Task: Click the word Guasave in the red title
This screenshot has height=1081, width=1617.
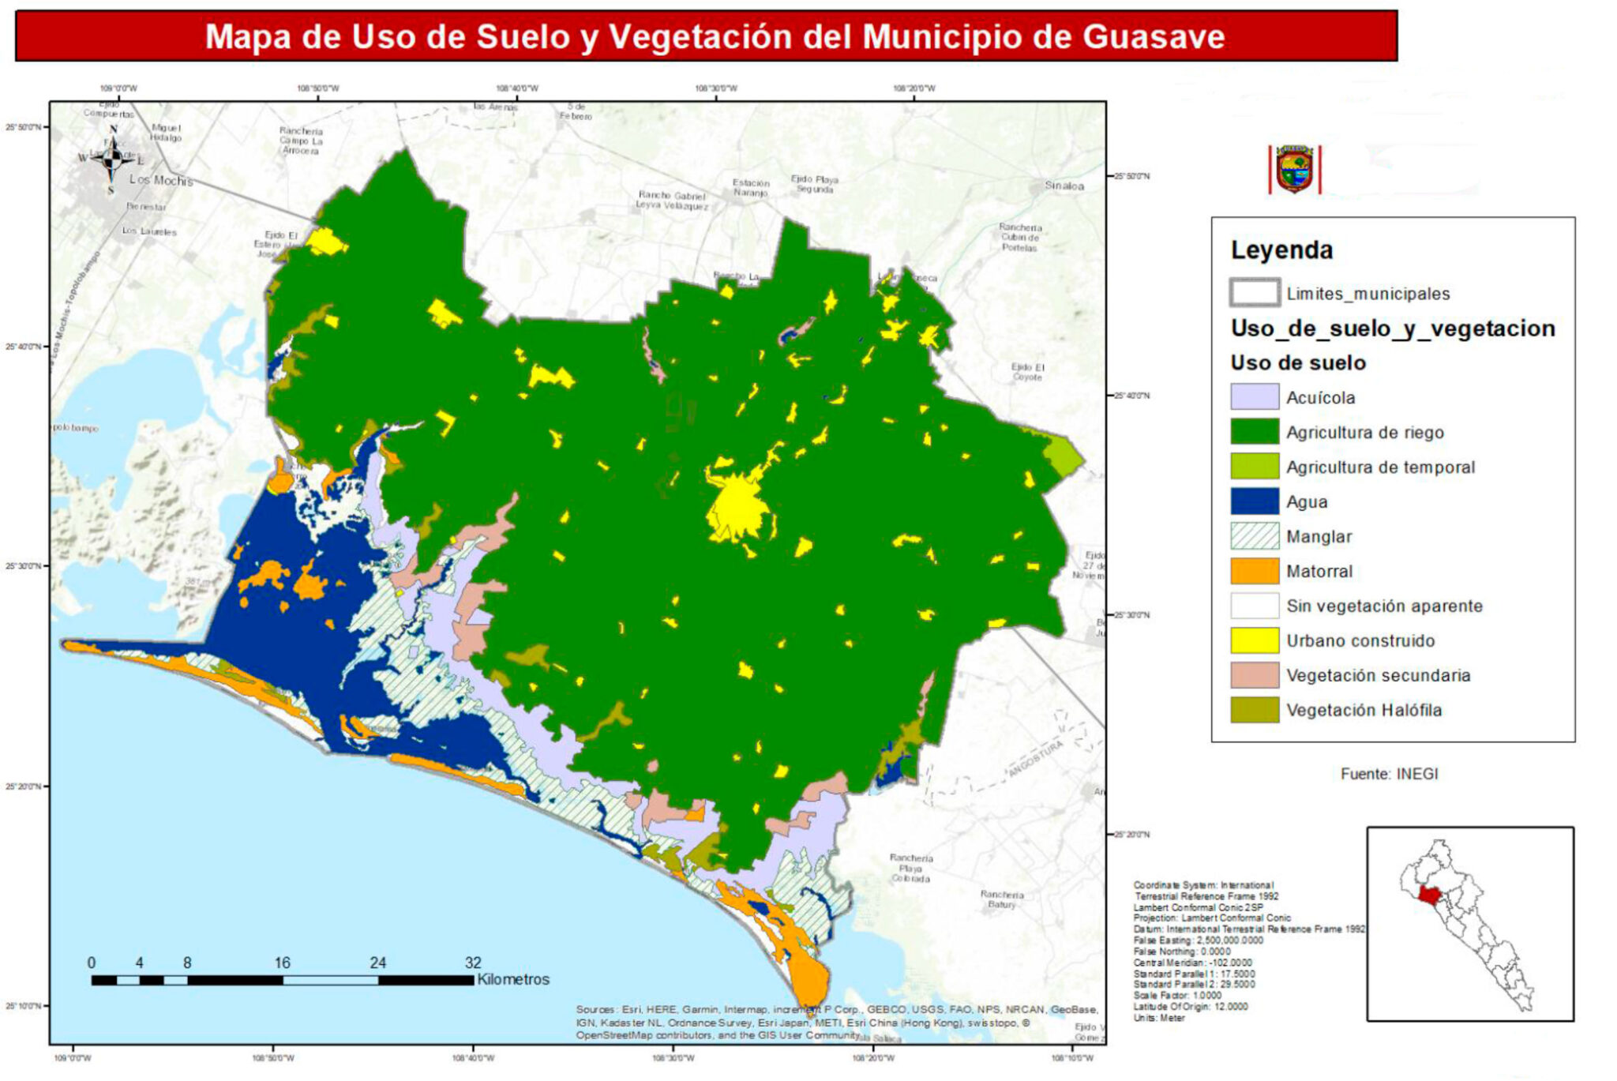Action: coord(1154,36)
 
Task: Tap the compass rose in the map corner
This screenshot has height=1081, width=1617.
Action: coord(111,157)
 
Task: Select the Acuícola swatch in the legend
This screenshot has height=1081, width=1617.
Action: coord(1254,397)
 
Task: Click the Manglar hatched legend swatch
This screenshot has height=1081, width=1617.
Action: coord(1254,536)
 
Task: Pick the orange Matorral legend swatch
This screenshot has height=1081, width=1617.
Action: coord(1254,571)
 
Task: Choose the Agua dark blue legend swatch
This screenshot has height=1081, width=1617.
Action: coord(1254,501)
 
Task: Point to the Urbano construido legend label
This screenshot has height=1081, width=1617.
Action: coord(1360,640)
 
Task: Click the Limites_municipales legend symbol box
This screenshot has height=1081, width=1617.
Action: coord(1254,293)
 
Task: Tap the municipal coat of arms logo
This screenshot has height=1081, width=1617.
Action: coord(1294,169)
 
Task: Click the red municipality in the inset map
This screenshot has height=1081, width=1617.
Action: coord(1428,895)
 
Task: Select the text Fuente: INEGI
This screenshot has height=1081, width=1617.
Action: coord(1389,774)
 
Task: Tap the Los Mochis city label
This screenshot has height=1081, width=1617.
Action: coord(161,180)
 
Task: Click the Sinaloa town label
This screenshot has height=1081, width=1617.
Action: coord(1064,186)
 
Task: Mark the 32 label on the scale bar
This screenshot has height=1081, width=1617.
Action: coord(472,963)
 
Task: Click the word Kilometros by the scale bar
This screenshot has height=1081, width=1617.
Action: coord(513,979)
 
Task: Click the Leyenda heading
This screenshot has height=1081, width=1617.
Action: coord(1281,250)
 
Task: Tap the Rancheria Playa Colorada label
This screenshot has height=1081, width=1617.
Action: coord(911,868)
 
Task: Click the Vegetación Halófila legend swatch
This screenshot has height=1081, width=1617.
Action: coord(1254,710)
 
